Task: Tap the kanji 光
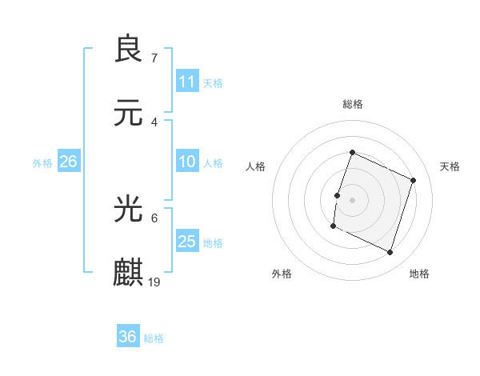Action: [x=128, y=210]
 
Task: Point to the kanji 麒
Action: [x=128, y=273]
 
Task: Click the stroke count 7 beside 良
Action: [x=154, y=58]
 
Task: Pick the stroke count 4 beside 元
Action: [x=154, y=122]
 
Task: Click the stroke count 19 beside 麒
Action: [x=154, y=282]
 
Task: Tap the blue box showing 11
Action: [x=187, y=82]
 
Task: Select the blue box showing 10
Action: [x=187, y=162]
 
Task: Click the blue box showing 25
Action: [x=187, y=242]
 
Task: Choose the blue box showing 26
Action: [x=68, y=162]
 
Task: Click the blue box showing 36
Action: [x=128, y=337]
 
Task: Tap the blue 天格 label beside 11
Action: [x=213, y=82]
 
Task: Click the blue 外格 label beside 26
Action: [x=42, y=162]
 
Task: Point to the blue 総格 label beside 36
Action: [x=154, y=338]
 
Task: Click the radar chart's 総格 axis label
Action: [x=352, y=104]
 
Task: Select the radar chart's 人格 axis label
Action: [x=256, y=166]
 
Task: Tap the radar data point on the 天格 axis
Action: [x=414, y=180]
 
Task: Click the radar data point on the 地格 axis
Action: [x=390, y=253]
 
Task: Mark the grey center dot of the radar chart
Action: [x=352, y=200]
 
